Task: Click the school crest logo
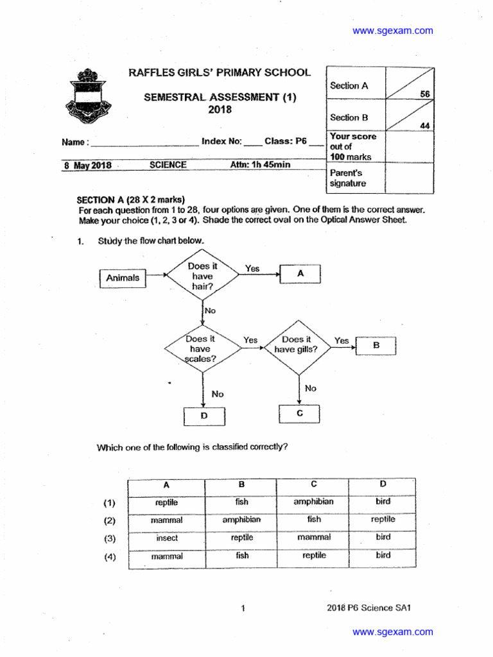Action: point(92,97)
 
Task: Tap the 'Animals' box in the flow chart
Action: point(123,278)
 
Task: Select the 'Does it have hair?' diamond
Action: point(203,277)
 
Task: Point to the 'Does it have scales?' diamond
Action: point(203,349)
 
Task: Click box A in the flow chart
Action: point(300,273)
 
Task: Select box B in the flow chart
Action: point(376,345)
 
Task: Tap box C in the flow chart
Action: point(299,414)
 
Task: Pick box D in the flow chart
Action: point(204,416)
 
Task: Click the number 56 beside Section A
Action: point(425,94)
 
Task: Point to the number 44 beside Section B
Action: point(425,126)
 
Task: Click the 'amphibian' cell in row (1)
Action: point(313,502)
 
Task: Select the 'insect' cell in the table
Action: point(167,538)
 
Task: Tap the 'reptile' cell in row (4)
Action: point(314,556)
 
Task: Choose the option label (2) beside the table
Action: point(110,520)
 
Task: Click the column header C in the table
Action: point(313,484)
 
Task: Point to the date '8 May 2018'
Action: point(87,166)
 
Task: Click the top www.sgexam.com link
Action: point(393,30)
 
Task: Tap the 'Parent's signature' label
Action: point(348,178)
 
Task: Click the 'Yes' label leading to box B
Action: point(342,341)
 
